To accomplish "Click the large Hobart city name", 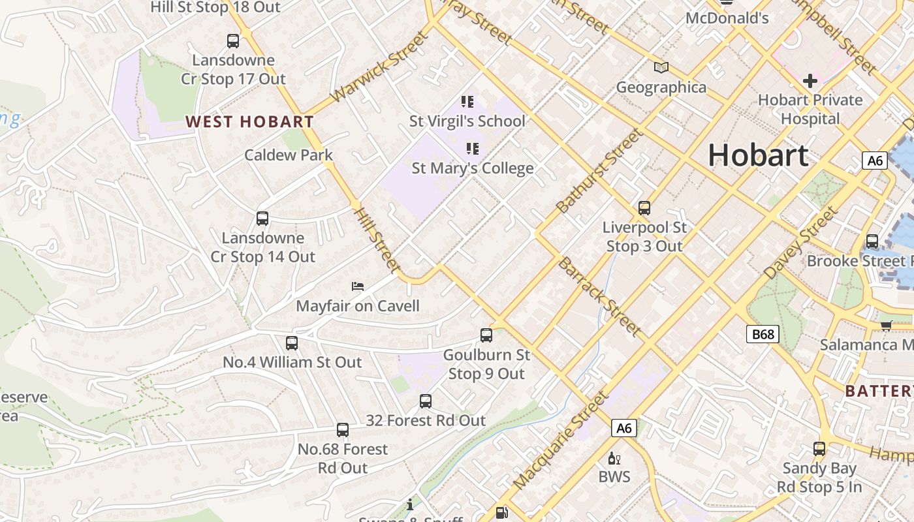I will click(x=758, y=155).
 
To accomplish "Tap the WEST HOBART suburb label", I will click(x=249, y=121).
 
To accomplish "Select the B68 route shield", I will click(x=762, y=335).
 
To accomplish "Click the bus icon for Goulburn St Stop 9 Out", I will click(x=486, y=335).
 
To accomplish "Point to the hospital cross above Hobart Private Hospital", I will click(x=810, y=81).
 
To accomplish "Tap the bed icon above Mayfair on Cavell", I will click(x=357, y=286).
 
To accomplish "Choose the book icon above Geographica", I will click(x=661, y=67).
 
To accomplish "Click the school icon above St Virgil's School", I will click(x=467, y=101).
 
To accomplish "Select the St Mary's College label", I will click(x=473, y=168).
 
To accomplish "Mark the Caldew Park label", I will click(x=289, y=155).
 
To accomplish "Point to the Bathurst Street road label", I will click(x=599, y=171).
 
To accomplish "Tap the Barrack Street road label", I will click(x=599, y=296).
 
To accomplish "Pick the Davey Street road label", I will click(x=800, y=243).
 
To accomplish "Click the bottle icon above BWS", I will click(x=614, y=458).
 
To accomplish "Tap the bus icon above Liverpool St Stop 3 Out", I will click(x=644, y=208).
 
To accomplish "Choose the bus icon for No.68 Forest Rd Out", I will click(x=343, y=430).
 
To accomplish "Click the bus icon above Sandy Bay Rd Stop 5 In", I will click(x=819, y=449).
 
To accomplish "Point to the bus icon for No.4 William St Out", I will click(x=292, y=343).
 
